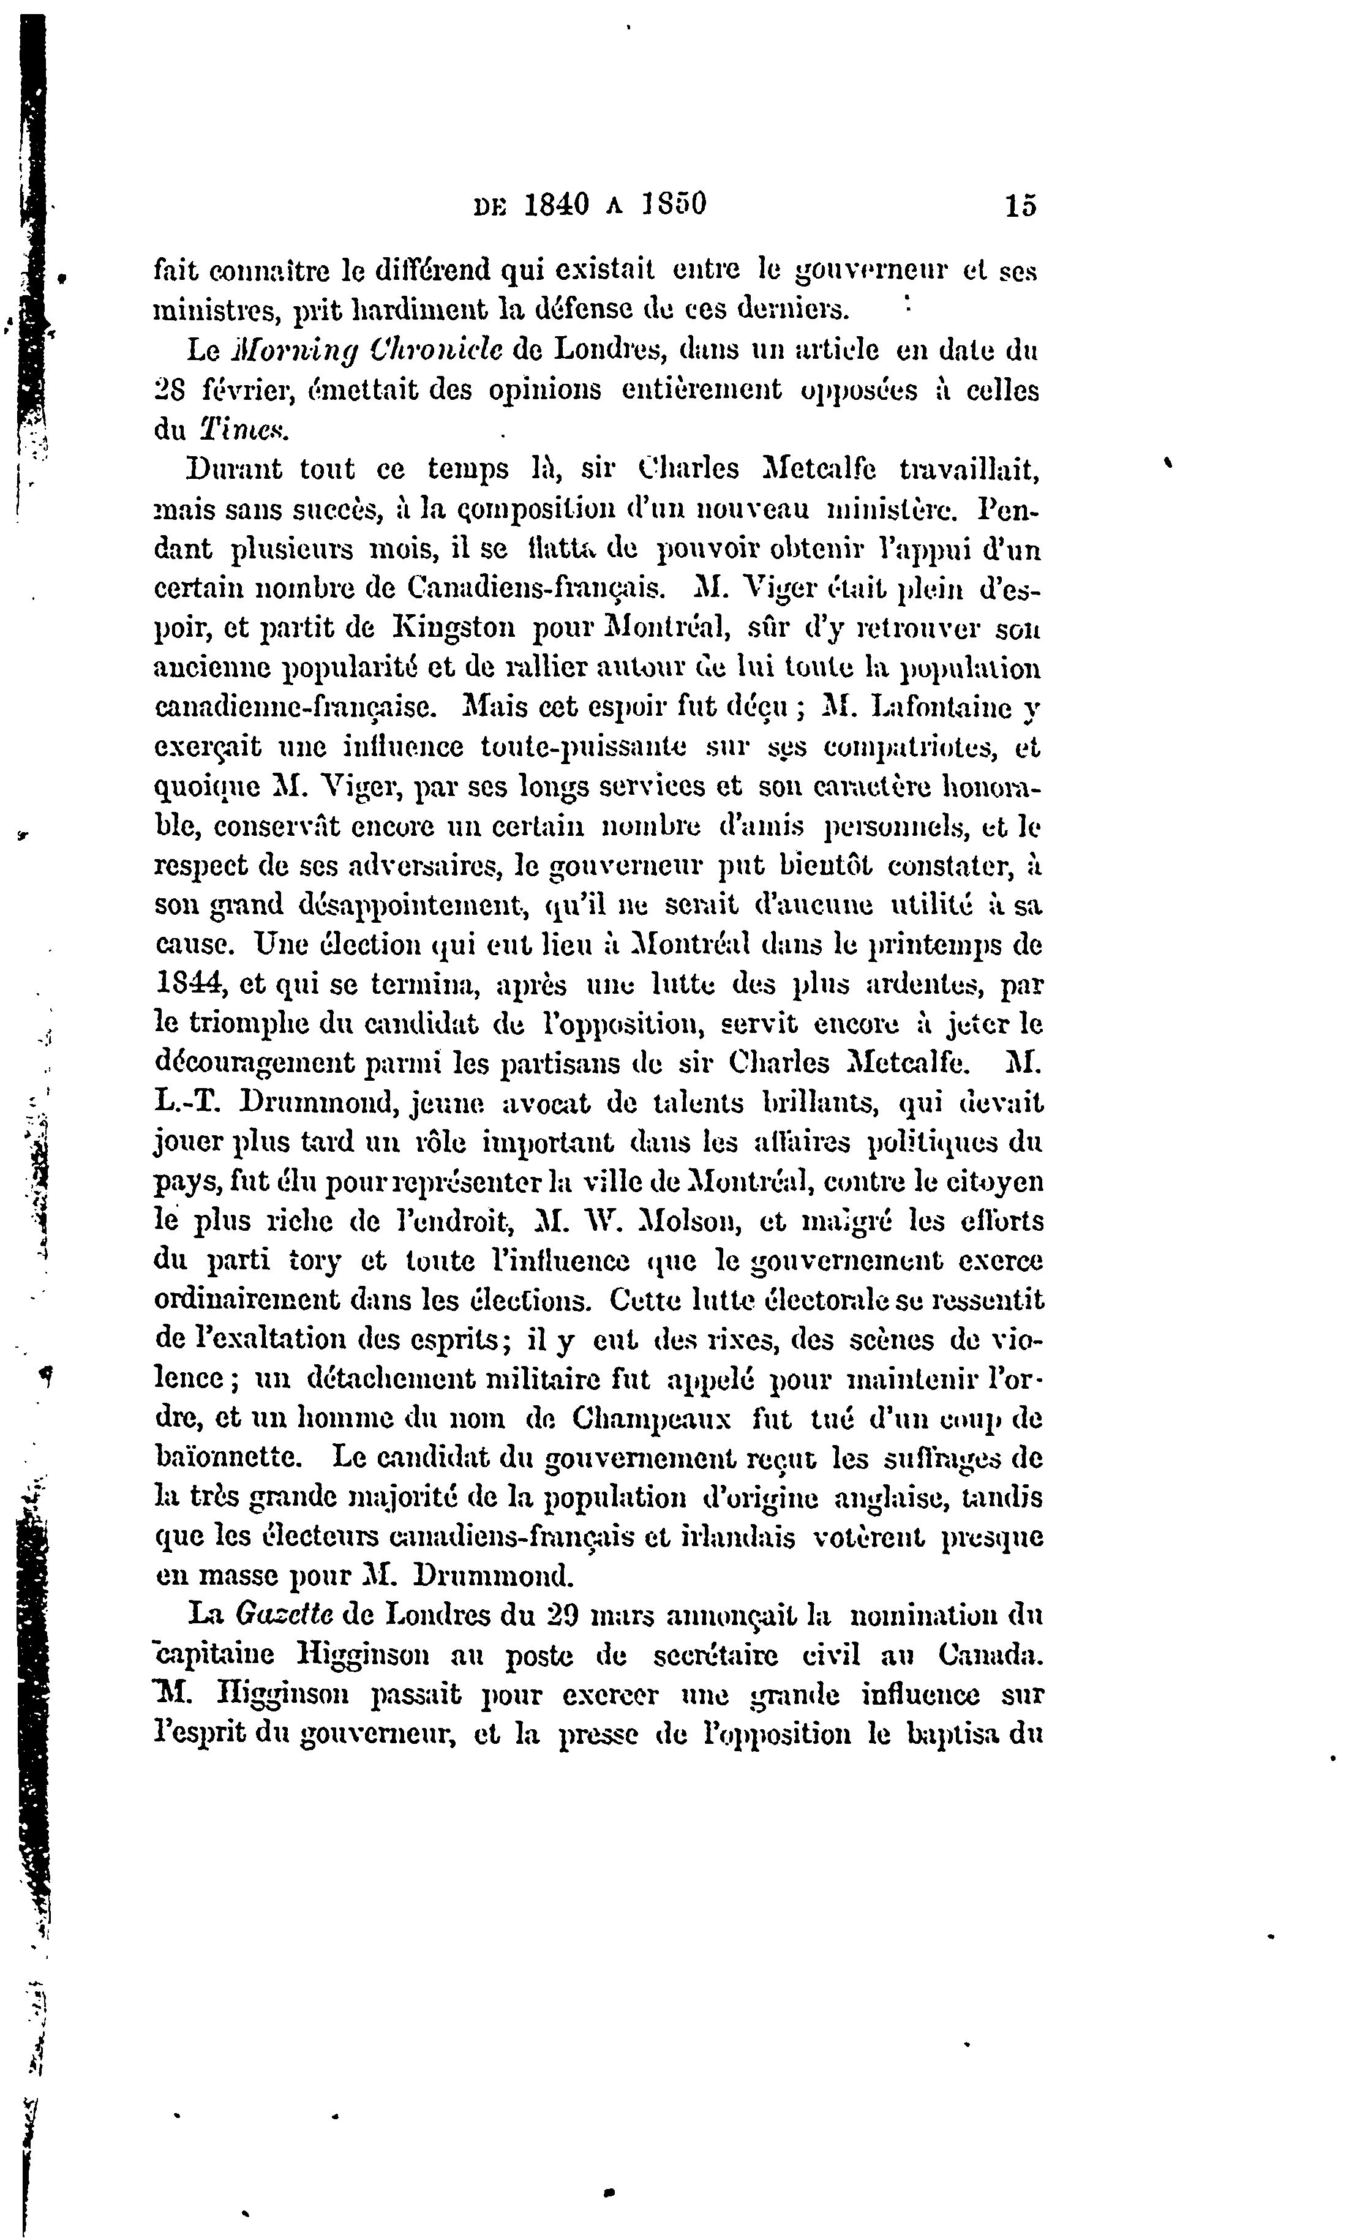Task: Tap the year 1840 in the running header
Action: click(556, 205)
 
